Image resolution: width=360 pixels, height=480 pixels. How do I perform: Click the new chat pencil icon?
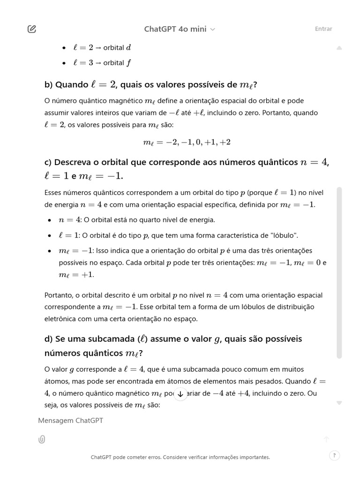coord(32,29)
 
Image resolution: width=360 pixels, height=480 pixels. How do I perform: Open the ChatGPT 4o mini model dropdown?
coord(180,29)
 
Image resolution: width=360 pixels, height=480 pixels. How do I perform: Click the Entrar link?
coord(323,29)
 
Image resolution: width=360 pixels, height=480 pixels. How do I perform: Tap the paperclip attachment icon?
coord(42,439)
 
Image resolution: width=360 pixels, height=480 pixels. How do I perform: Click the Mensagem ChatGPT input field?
coord(178,420)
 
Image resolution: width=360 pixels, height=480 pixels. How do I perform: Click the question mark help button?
coord(334,455)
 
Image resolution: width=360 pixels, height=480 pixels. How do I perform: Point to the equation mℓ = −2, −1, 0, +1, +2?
coord(187,142)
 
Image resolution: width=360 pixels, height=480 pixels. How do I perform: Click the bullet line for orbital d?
coord(102,48)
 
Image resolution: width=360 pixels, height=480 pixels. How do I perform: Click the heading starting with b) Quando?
coord(150,85)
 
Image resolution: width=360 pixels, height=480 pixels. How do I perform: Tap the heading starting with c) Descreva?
coord(187,169)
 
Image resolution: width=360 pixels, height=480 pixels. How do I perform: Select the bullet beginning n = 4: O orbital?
coord(136,220)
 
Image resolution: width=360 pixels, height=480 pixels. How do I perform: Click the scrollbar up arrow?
coord(339,48)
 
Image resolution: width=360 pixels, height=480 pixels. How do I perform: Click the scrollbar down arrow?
coord(339,403)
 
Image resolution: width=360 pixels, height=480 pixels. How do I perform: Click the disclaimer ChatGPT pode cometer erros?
coord(180,457)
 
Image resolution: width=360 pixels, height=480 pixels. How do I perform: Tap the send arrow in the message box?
coord(327,439)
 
